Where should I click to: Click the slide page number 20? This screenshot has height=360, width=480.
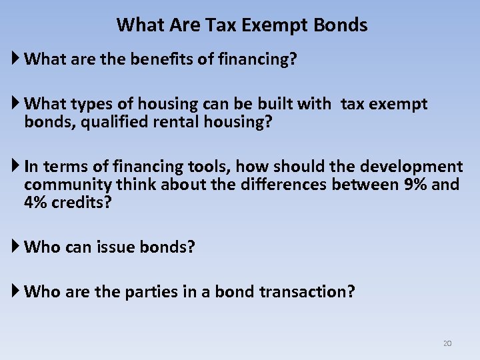447,343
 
